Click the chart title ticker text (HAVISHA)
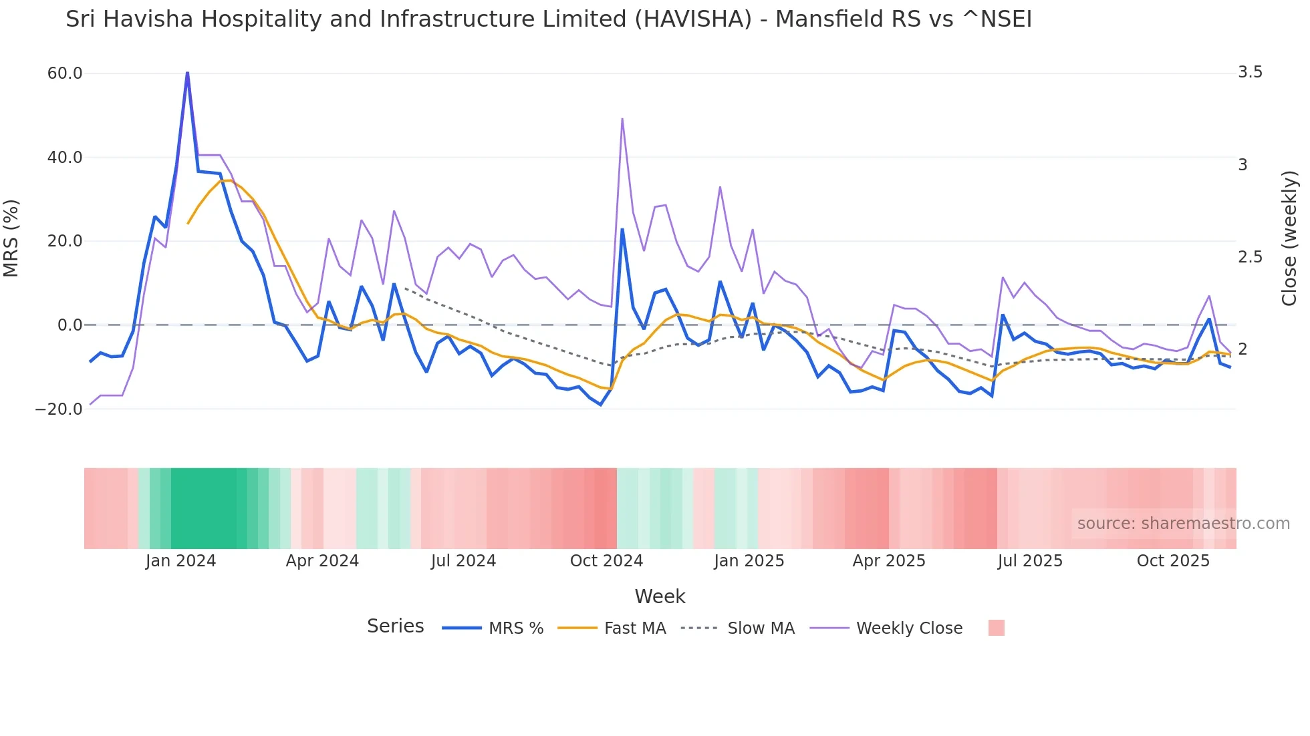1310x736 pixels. [x=692, y=19]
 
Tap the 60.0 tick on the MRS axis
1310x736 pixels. [x=65, y=73]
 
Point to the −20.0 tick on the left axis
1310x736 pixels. [x=59, y=409]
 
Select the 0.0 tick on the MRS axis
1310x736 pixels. [x=70, y=325]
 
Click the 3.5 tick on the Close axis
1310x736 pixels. [x=1250, y=72]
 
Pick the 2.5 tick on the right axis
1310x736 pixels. [x=1250, y=257]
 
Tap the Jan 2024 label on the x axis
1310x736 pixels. [x=180, y=561]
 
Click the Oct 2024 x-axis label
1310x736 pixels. [x=606, y=561]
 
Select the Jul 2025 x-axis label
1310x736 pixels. [x=1030, y=561]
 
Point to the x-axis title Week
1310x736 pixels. [x=660, y=596]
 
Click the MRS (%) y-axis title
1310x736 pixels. [x=11, y=238]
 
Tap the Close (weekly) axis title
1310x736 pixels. [x=1289, y=238]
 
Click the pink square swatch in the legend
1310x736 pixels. [x=996, y=628]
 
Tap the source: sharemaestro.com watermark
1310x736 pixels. [x=1183, y=524]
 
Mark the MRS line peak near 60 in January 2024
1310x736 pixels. [x=187, y=73]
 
